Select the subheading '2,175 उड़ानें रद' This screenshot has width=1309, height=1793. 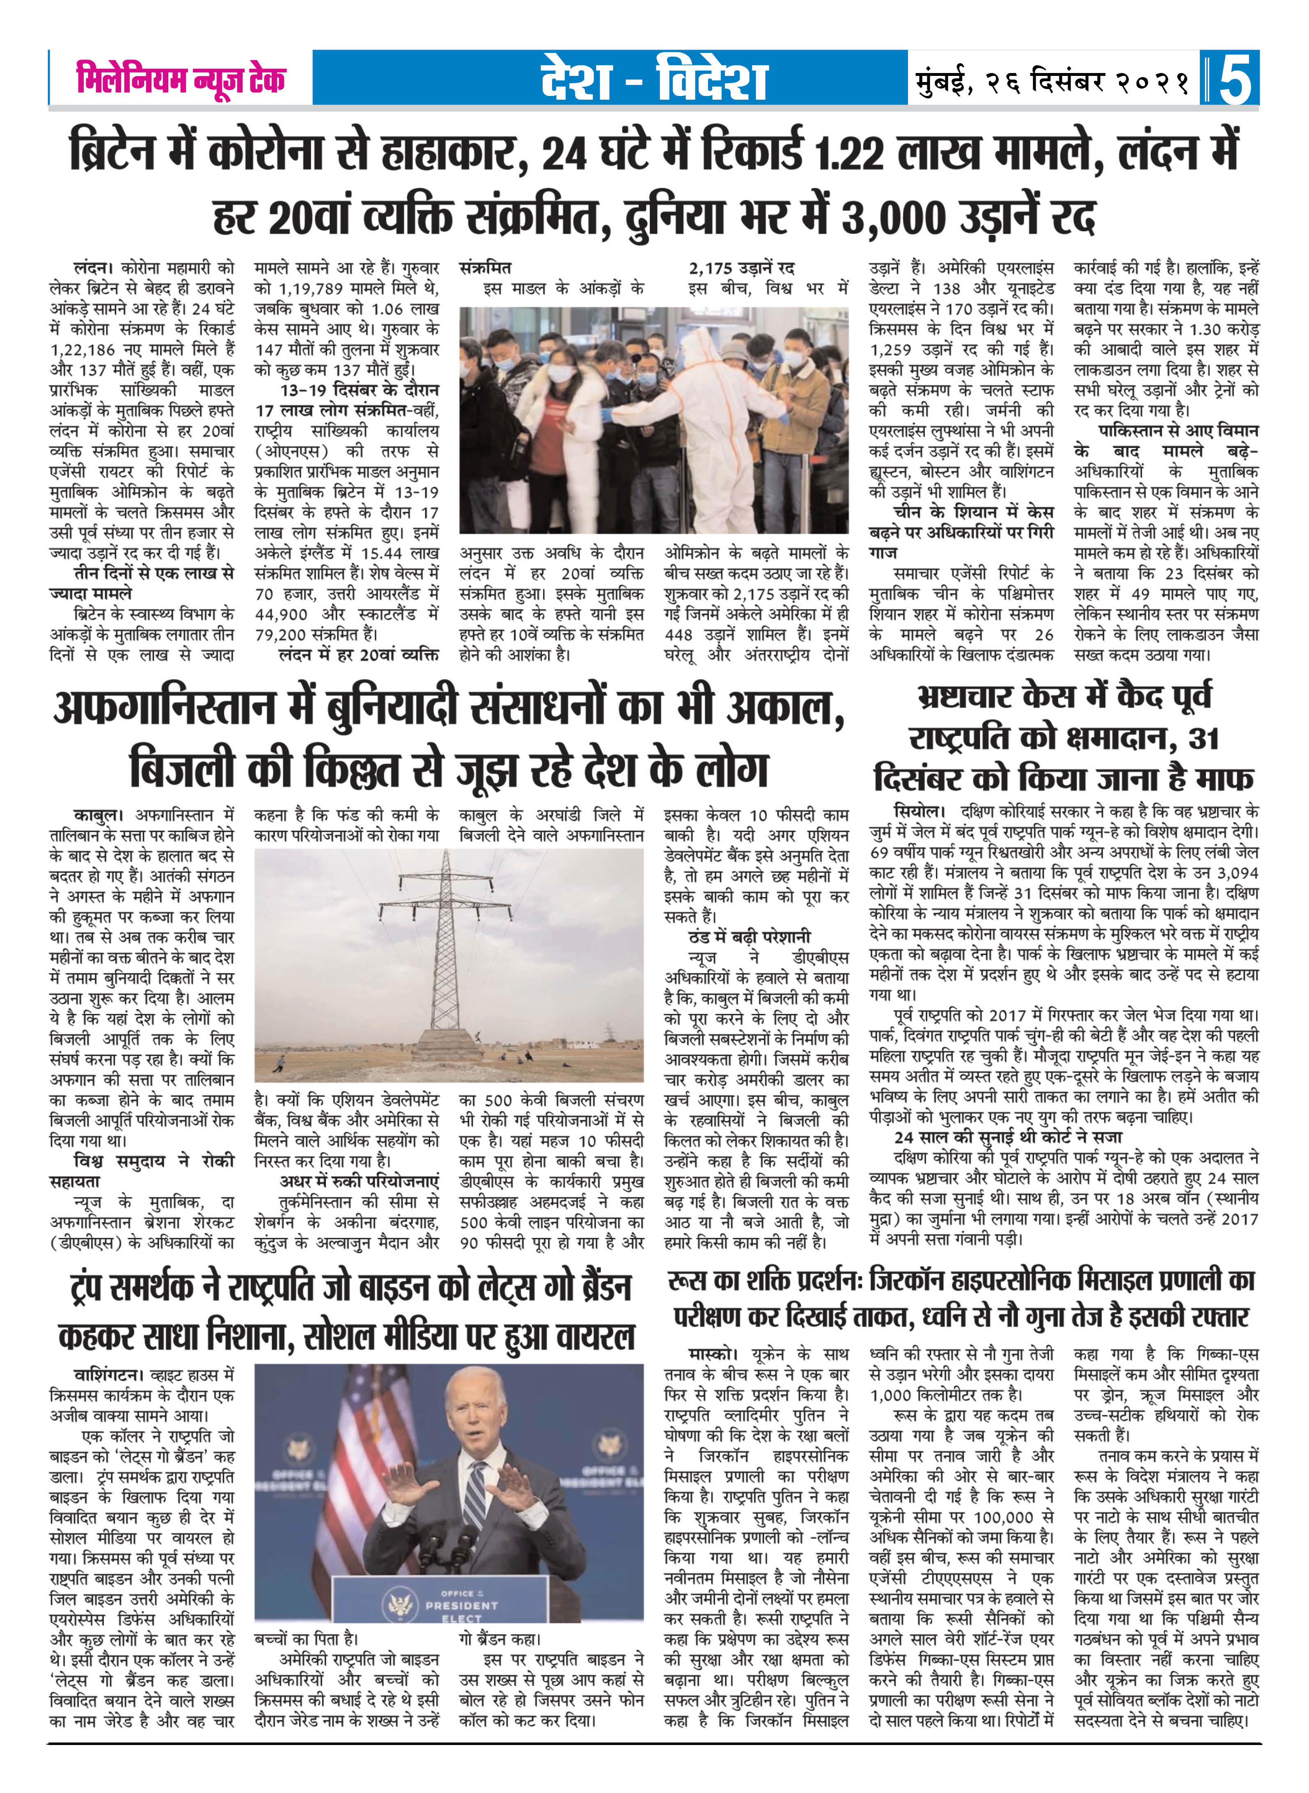pyautogui.click(x=742, y=268)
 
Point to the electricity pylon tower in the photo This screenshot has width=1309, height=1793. pyautogui.click(x=448, y=950)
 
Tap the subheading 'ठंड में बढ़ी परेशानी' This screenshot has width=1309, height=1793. pyautogui.click(x=749, y=937)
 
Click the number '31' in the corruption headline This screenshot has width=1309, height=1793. pyautogui.click(x=1203, y=739)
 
